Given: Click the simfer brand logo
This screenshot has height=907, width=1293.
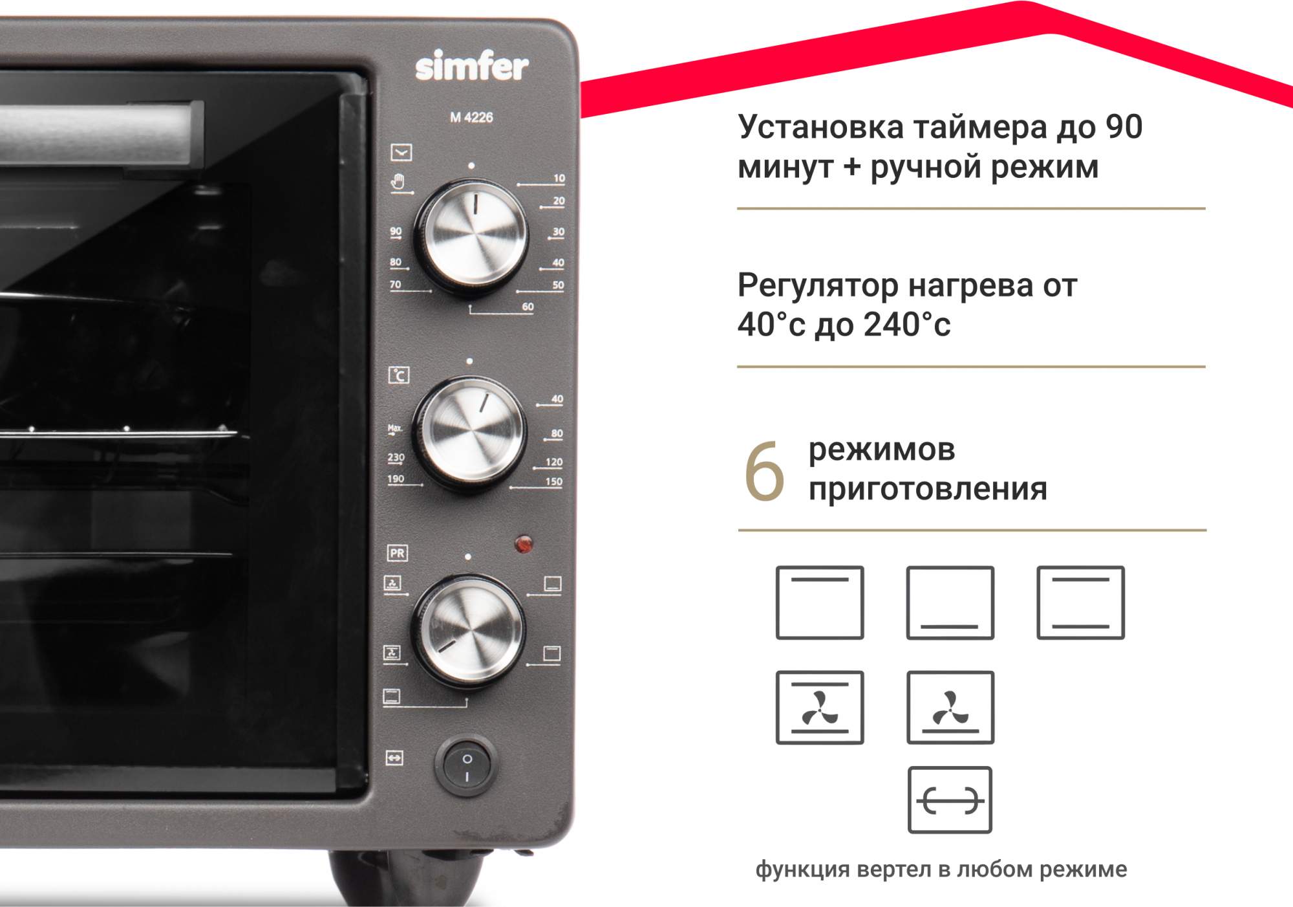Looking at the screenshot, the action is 471,67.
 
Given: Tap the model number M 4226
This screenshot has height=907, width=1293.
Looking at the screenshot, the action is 471,117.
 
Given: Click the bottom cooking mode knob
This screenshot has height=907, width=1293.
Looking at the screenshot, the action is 469,630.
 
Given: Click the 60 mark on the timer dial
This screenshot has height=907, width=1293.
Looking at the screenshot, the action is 528,307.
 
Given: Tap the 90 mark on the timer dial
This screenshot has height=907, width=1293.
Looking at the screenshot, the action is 396,231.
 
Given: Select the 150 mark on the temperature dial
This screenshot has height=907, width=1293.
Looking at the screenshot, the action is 554,481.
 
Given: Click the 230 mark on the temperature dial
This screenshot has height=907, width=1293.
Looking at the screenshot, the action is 396,457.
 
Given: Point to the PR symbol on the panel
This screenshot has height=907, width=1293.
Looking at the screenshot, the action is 397,553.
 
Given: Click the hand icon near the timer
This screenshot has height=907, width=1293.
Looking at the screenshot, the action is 398,182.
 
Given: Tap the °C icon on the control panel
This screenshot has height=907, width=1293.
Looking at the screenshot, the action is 399,375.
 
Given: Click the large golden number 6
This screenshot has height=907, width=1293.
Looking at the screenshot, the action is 764,472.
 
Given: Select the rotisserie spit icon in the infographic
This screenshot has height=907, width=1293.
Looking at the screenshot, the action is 950,800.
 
